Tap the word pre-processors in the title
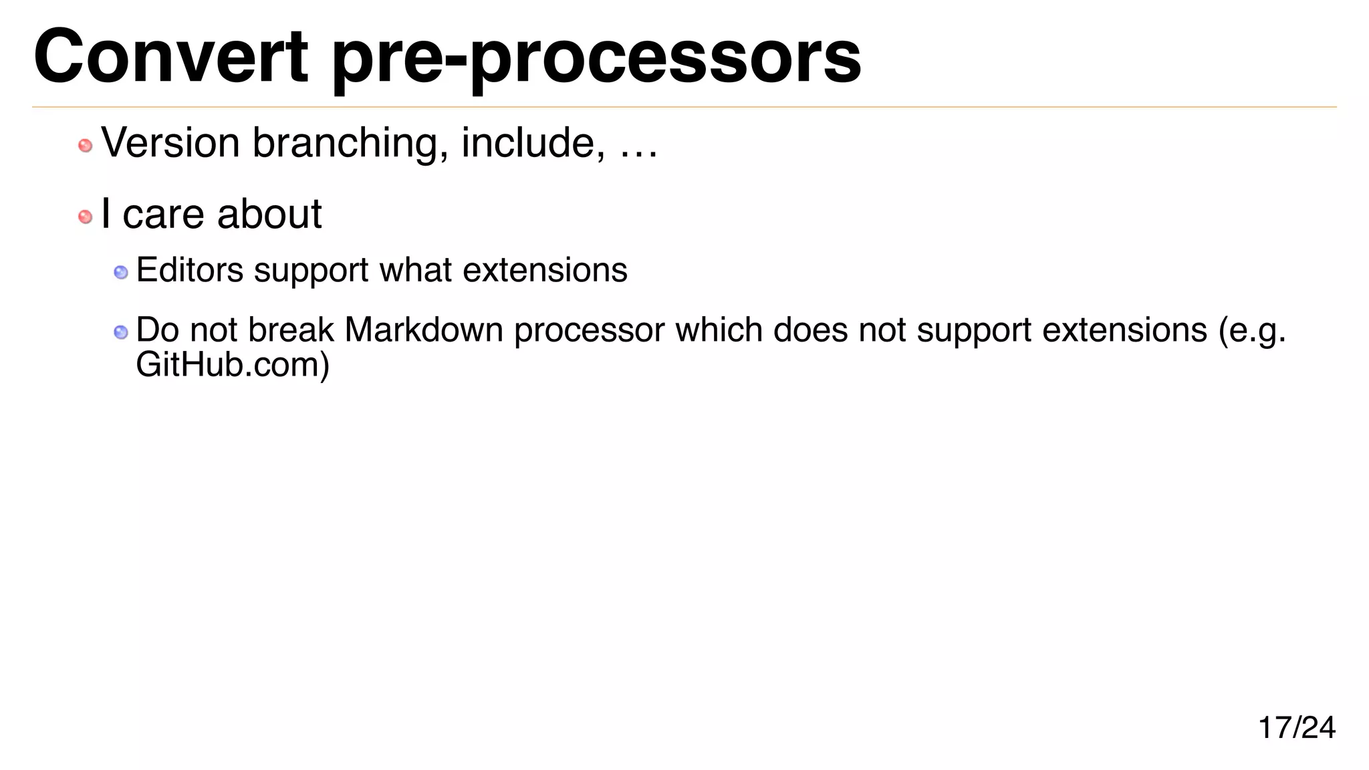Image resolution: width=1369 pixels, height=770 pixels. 596,59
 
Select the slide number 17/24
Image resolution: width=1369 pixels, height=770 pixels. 1296,727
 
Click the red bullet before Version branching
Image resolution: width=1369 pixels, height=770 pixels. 86,146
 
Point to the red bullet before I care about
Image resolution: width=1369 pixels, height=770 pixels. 86,217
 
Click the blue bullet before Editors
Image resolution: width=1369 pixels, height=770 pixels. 121,272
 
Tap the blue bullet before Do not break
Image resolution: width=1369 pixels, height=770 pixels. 121,332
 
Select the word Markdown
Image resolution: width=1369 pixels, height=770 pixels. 424,330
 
